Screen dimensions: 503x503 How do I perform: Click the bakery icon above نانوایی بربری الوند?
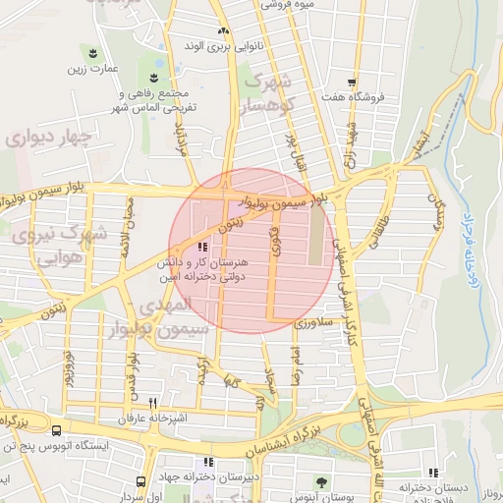[x=223, y=31]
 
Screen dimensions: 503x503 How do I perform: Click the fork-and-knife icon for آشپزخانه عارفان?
[x=152, y=403]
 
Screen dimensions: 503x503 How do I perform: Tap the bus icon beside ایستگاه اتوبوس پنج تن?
[x=56, y=430]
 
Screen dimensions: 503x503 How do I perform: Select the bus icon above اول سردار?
[x=141, y=481]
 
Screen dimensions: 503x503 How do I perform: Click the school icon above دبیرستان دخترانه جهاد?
[x=206, y=462]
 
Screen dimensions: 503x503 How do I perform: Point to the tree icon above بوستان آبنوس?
[x=322, y=480]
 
